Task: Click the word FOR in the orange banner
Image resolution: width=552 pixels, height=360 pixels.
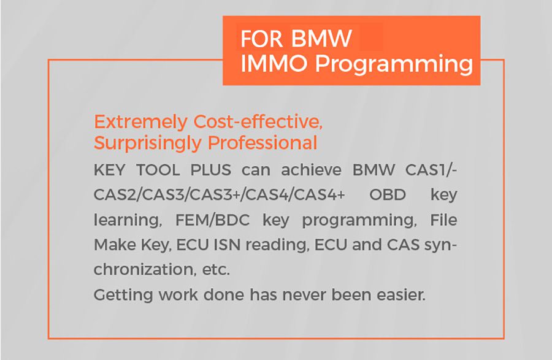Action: (x=261, y=39)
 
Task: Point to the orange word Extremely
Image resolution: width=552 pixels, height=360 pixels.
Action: (x=141, y=123)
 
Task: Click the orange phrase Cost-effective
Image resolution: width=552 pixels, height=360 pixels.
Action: (x=258, y=122)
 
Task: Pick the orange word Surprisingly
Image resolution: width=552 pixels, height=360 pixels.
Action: (x=147, y=144)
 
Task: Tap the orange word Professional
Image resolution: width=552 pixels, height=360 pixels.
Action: (x=263, y=142)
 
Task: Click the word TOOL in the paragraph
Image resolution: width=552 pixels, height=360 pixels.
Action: (x=158, y=170)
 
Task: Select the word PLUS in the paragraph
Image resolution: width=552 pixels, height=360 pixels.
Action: (x=210, y=170)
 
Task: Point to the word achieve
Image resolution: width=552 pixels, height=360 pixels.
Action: (x=311, y=170)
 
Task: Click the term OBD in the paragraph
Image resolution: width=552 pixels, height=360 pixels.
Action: (x=388, y=194)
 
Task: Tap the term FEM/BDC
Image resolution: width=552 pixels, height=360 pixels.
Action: (x=212, y=220)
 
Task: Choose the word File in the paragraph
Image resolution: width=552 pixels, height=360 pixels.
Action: (x=443, y=220)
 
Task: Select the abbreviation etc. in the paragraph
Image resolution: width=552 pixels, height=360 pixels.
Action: (x=216, y=270)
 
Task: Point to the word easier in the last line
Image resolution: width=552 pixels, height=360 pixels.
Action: (x=401, y=294)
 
